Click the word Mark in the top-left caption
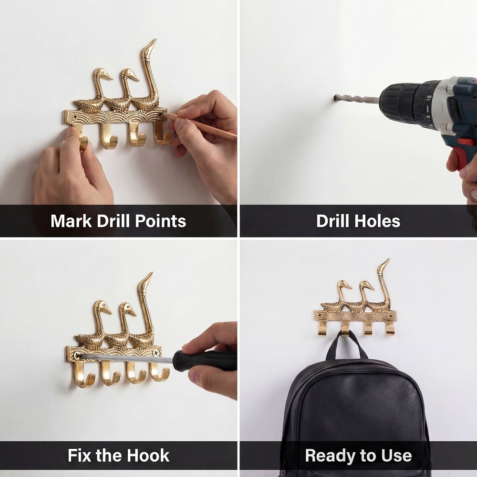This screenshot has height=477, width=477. pos(71,221)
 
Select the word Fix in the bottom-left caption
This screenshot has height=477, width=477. pos(80,456)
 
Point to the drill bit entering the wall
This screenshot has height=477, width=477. pos(356,99)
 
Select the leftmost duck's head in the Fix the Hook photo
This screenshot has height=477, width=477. pos(102,307)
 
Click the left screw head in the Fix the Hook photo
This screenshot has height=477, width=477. pos(76,355)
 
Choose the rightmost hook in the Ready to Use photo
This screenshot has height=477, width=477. pos(390,328)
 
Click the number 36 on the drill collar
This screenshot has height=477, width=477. pos(429,99)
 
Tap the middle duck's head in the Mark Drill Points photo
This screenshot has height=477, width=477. pos(129,74)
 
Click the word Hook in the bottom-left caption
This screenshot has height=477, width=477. pos(148,456)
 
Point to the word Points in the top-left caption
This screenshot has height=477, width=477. pos(160,221)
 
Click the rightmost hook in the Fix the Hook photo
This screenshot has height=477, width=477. pos(159,372)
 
